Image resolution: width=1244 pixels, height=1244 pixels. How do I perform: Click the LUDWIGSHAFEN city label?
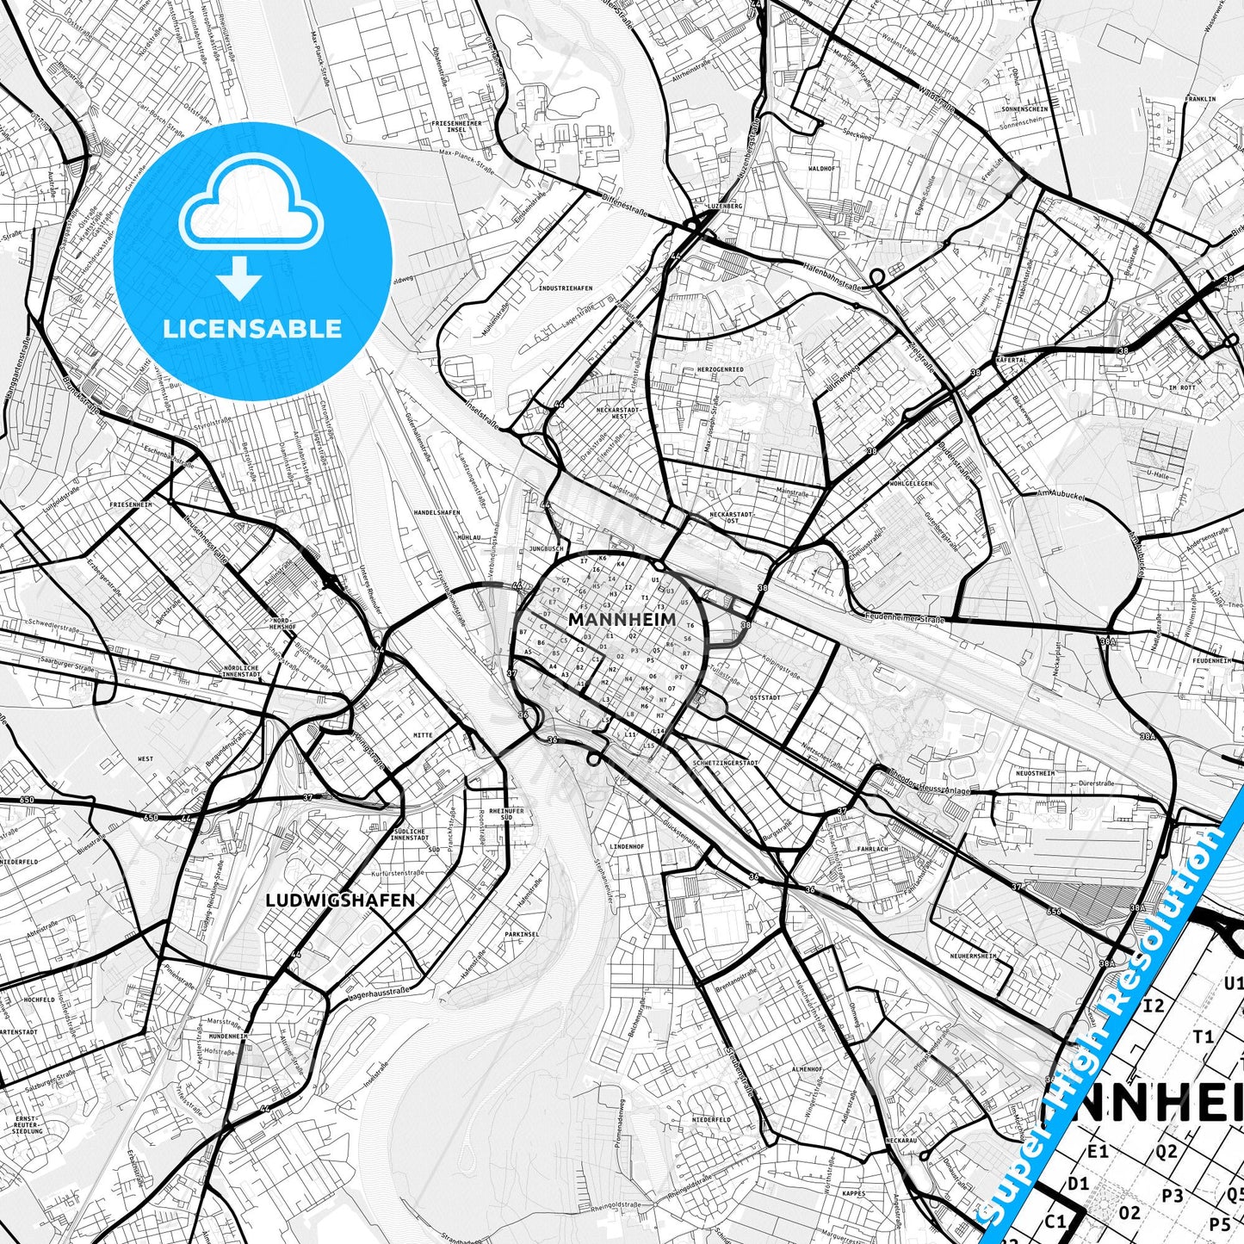coord(340,901)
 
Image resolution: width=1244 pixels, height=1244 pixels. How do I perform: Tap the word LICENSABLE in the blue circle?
coord(252,328)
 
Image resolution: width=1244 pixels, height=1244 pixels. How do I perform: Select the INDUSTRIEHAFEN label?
coord(565,288)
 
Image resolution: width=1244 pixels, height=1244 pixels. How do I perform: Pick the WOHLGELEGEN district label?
coord(911,484)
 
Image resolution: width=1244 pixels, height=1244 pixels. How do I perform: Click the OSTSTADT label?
coord(764,697)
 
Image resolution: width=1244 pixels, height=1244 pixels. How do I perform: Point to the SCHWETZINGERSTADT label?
coord(725,763)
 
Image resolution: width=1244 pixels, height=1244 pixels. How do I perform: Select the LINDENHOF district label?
coord(627,847)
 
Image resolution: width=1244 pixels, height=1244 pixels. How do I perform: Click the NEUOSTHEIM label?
coord(1035,773)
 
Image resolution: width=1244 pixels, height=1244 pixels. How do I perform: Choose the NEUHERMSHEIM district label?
coord(973,956)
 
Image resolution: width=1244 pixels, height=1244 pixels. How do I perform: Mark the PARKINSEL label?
coord(522,934)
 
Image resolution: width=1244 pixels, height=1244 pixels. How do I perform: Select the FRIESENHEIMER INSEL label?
coord(457,127)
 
